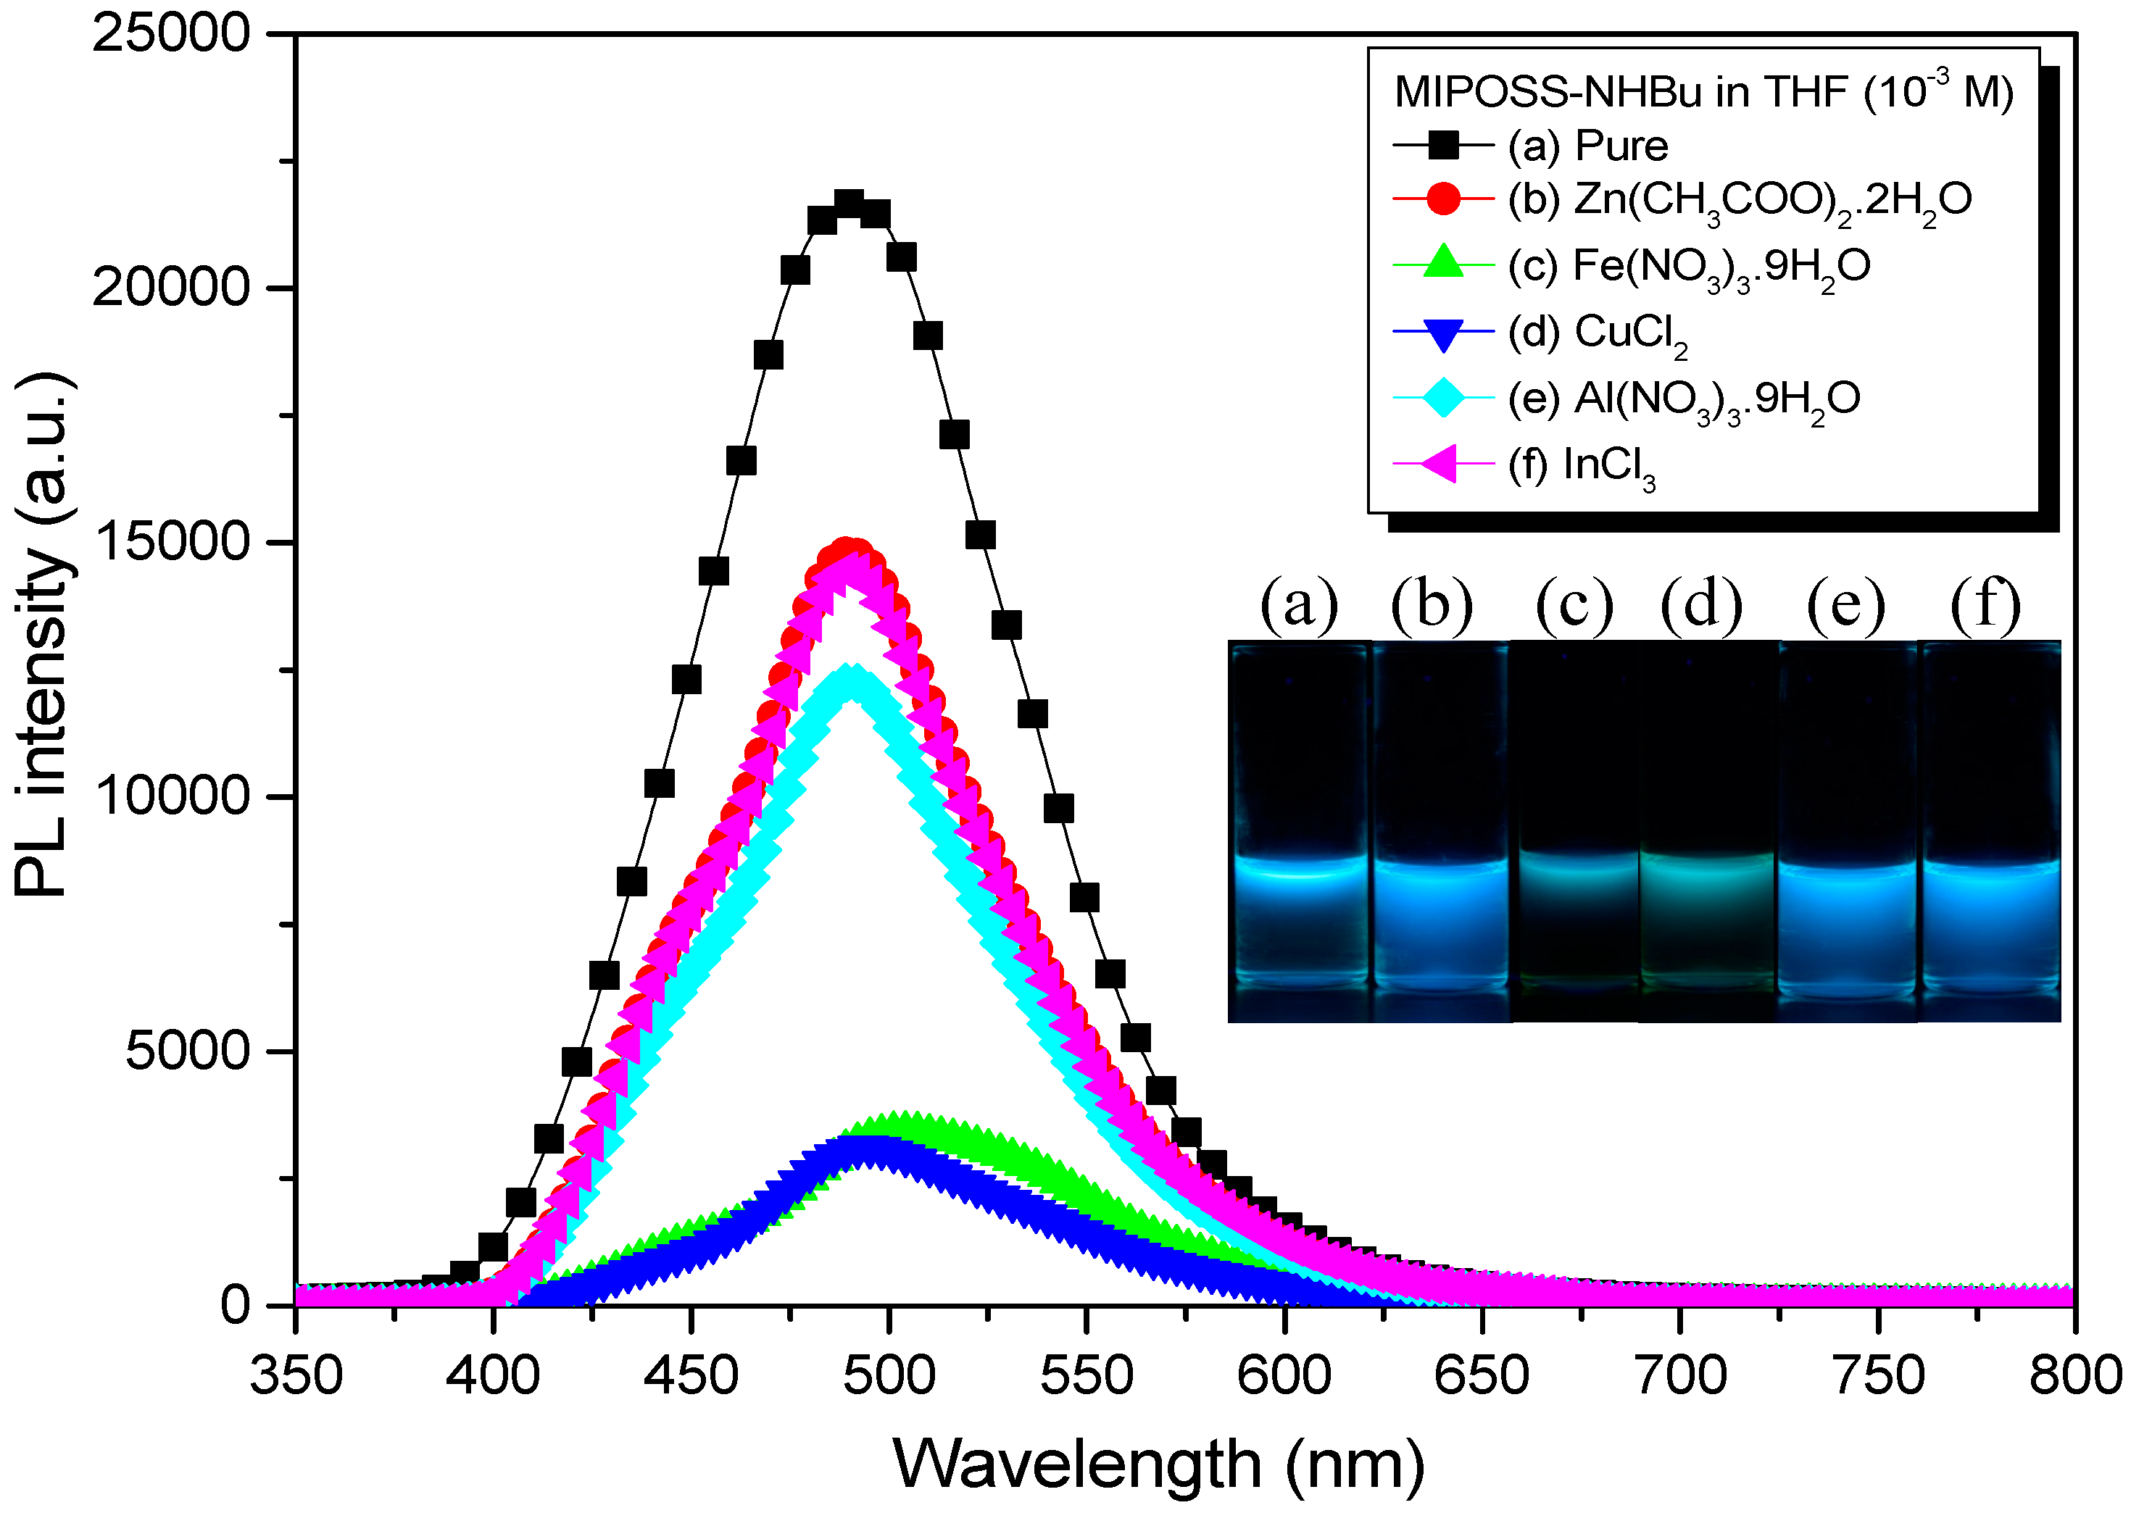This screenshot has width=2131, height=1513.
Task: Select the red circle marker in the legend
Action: click(x=1442, y=199)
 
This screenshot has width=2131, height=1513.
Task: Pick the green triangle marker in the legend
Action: click(x=1442, y=263)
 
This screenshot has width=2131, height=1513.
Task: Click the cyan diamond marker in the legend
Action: click(x=1442, y=398)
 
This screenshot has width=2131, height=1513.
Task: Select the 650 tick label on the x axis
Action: click(x=1482, y=1376)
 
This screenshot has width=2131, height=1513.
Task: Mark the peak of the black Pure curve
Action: click(x=849, y=202)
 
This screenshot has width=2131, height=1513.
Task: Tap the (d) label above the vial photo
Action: click(x=1700, y=604)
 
